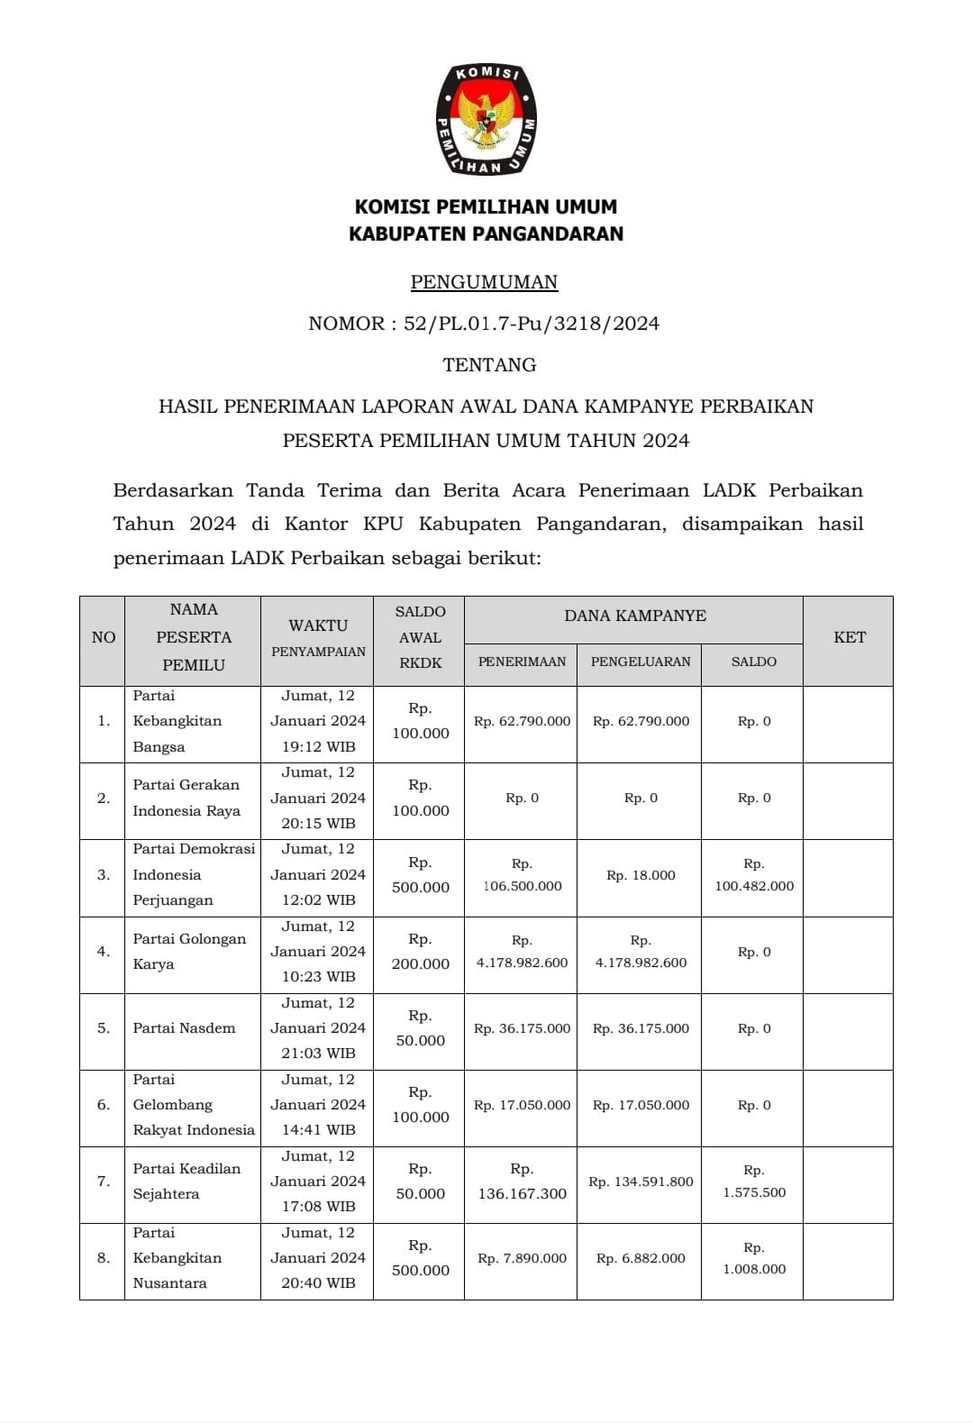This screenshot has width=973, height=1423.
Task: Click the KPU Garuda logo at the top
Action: tap(486, 119)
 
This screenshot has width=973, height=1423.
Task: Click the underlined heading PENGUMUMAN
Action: tap(485, 282)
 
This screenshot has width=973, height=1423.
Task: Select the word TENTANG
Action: tap(489, 365)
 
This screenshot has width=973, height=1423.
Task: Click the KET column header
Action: tap(849, 638)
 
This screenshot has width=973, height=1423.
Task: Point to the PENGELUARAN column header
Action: tap(641, 661)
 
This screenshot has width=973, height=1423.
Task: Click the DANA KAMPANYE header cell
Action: tap(634, 616)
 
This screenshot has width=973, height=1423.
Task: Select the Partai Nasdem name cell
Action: tap(184, 1028)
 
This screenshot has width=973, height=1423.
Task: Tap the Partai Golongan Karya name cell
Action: tap(189, 952)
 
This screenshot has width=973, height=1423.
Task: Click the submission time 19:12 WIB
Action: tap(318, 746)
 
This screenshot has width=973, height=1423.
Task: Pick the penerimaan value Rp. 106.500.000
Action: tap(522, 875)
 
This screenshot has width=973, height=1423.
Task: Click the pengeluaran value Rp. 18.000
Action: tap(641, 875)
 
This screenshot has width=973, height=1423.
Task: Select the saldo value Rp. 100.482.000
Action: tap(754, 875)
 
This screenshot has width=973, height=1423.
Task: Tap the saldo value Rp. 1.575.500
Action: tap(754, 1181)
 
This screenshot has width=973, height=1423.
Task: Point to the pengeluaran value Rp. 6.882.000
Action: tap(641, 1258)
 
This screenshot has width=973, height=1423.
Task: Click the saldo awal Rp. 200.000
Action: tap(420, 952)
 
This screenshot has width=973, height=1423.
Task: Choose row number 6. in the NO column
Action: tap(104, 1105)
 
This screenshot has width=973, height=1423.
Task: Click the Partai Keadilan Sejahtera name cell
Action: tap(187, 1181)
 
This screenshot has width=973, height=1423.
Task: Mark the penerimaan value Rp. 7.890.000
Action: tap(522, 1258)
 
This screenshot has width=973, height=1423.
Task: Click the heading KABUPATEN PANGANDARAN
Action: tap(486, 234)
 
